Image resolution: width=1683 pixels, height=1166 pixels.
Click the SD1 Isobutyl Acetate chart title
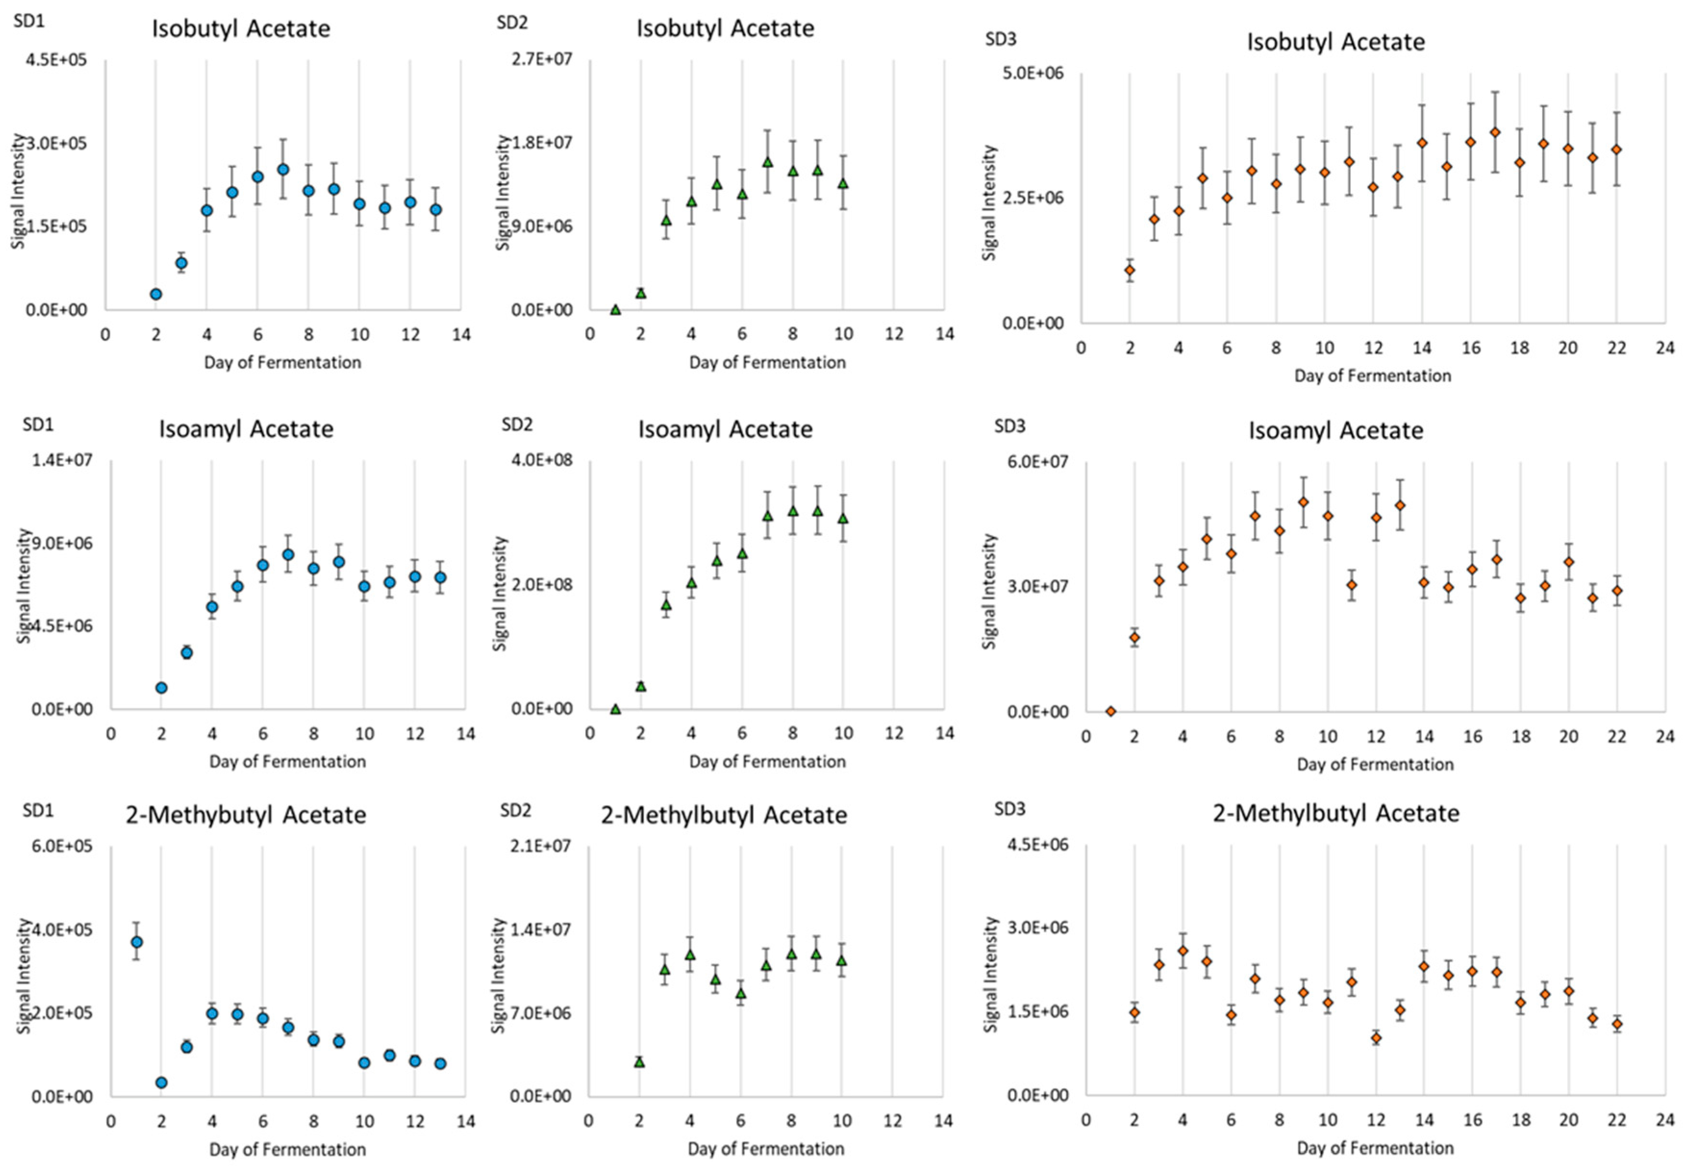240,29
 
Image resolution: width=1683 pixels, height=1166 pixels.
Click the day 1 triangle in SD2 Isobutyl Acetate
615,310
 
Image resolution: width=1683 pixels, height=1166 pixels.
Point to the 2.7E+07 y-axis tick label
541,59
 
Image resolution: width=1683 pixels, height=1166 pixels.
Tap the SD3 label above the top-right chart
1001,39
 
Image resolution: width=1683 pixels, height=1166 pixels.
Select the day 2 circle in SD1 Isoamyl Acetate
162,688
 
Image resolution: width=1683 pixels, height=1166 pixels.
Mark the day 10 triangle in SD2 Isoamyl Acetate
843,518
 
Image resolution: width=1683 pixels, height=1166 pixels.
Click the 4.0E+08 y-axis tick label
542,460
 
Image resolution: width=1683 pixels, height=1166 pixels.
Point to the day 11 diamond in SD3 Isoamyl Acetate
1351,585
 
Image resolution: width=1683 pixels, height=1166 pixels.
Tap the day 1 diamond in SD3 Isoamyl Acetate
1110,711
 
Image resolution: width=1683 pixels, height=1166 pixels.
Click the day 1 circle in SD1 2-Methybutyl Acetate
137,942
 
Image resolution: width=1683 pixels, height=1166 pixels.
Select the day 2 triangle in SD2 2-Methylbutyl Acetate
639,1062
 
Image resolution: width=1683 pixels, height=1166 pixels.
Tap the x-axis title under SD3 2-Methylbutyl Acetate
1375,1148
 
